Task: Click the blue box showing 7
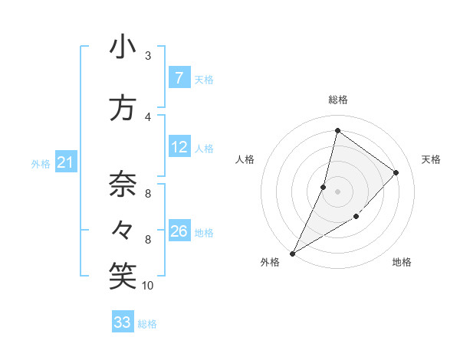coord(179,78)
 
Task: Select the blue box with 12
coord(179,147)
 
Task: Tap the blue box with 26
coord(179,231)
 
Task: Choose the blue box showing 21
coord(66,162)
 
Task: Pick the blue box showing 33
coord(123,322)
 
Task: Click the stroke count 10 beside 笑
coord(148,286)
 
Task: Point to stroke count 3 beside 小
coord(148,56)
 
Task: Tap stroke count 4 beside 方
coord(148,117)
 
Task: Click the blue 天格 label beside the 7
coord(204,79)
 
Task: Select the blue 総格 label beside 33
coord(148,324)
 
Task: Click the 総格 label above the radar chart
coord(337,100)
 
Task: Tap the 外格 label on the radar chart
coord(270,263)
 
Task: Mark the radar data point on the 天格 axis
coord(396,172)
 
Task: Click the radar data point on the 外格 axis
coord(292,253)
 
